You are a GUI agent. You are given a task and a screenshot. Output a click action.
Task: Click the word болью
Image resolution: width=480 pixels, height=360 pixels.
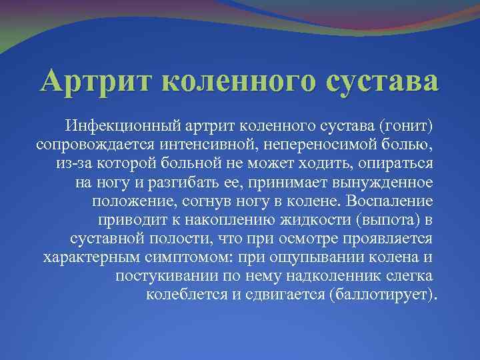click(412, 145)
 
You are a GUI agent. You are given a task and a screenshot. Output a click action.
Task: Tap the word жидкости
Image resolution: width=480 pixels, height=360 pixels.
click(303, 220)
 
